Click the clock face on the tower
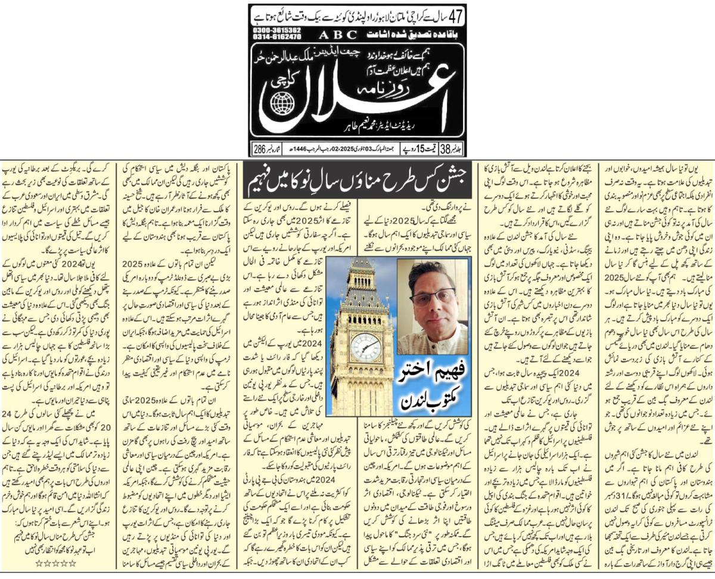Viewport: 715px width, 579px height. coord(365,346)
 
